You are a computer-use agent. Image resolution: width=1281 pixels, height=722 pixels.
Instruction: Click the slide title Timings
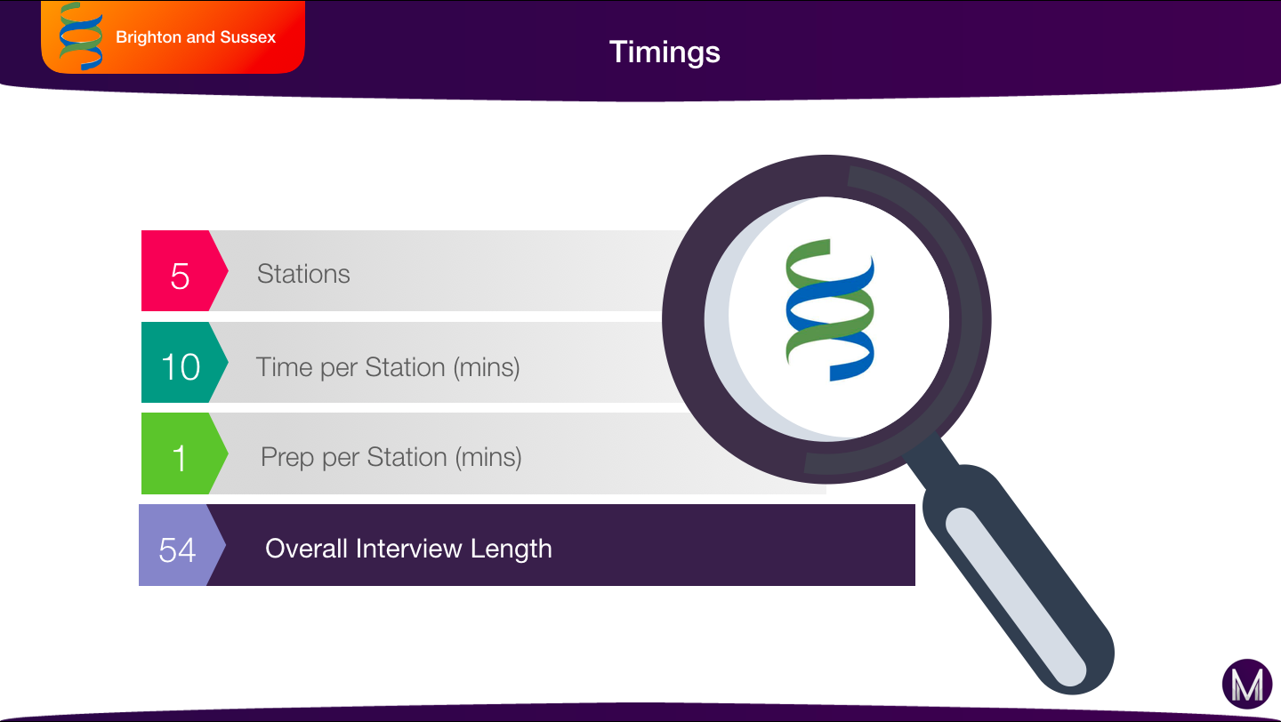[x=665, y=52]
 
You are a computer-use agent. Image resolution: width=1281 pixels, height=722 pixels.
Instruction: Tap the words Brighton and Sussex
[x=196, y=37]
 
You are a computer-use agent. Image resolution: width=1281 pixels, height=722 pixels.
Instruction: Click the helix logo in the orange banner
[x=81, y=36]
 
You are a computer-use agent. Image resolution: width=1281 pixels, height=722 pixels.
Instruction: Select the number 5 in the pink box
[x=180, y=276]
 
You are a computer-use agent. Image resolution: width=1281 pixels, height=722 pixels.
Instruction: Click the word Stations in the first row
[x=303, y=274]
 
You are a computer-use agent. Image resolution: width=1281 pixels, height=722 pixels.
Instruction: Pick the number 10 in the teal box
[x=181, y=366]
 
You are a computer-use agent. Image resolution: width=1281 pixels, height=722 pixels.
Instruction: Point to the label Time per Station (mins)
[x=388, y=367]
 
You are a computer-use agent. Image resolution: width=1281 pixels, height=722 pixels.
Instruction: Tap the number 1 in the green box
[x=180, y=458]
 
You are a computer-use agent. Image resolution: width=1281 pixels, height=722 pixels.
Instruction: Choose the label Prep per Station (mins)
[x=391, y=457]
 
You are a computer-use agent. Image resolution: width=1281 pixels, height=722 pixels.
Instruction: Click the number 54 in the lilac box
[x=177, y=550]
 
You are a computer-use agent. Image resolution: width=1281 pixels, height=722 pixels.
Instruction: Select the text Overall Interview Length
[x=408, y=549]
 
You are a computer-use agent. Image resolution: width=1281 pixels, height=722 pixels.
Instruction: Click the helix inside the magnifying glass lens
[x=830, y=309]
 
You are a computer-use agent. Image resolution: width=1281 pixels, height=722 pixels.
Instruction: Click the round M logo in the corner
[x=1247, y=684]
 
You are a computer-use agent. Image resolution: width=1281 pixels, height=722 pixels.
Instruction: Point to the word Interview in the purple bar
[x=408, y=549]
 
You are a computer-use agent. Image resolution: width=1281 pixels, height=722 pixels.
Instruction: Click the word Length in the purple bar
[x=512, y=550]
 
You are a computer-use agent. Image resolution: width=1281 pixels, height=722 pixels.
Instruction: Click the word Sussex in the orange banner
[x=247, y=37]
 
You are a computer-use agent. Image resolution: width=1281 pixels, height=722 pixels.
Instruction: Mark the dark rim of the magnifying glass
[x=684, y=318]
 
